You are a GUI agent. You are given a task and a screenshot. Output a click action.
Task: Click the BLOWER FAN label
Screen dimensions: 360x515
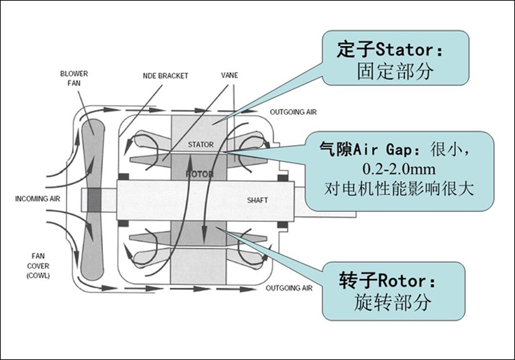coord(74,77)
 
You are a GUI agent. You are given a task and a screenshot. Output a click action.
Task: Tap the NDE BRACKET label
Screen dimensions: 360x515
coord(165,75)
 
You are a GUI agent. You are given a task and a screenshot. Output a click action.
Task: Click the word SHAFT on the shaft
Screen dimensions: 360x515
coord(257,201)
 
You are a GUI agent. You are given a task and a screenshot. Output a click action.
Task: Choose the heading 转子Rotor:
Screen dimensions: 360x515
coord(387,280)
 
